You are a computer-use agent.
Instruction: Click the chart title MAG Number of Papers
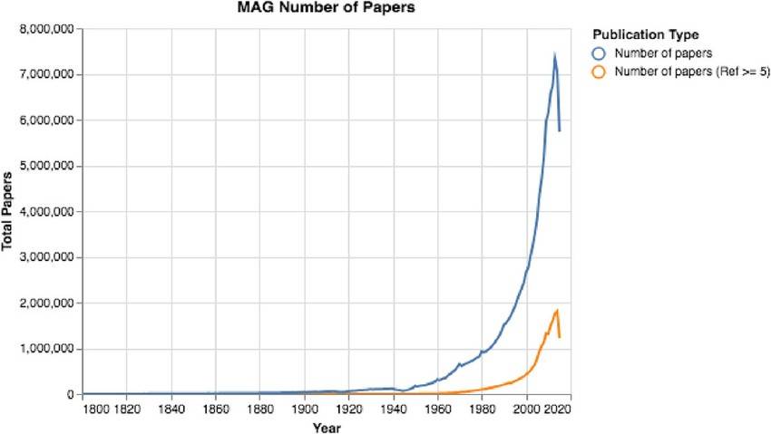click(325, 10)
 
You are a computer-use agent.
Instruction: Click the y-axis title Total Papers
click(7, 210)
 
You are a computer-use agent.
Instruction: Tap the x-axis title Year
click(327, 426)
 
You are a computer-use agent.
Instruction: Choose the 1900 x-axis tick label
click(305, 410)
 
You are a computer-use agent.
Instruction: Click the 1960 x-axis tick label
click(437, 410)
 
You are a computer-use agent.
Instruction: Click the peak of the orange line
click(557, 311)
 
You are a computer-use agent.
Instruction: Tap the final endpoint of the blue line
click(560, 130)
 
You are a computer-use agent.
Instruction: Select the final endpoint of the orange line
click(560, 337)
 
